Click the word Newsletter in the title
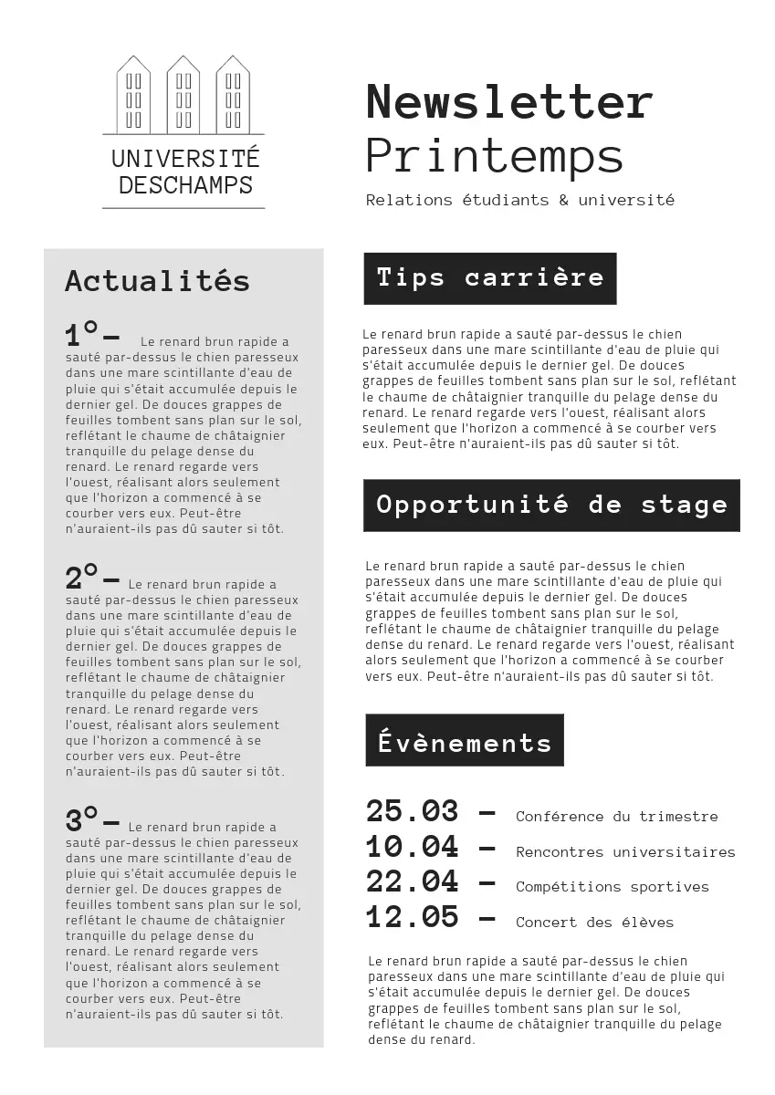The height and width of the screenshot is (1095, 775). [x=509, y=101]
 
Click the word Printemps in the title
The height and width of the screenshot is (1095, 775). [x=494, y=156]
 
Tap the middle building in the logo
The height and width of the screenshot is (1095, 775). [x=183, y=94]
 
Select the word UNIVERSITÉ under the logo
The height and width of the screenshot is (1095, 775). [x=185, y=158]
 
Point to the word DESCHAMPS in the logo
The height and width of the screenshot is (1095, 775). [x=185, y=185]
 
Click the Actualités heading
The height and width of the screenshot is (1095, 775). [x=157, y=280]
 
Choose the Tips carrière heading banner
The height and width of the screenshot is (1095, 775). [x=490, y=278]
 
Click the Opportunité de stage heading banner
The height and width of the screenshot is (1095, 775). [x=551, y=505]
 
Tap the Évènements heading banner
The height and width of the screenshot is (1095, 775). [x=465, y=741]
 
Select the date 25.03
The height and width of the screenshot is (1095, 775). [x=412, y=811]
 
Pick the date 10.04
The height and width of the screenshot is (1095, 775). [x=412, y=847]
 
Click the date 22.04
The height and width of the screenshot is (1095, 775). [x=412, y=881]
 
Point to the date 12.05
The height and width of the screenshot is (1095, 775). [x=412, y=916]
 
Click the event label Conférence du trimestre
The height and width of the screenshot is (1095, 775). [x=616, y=817]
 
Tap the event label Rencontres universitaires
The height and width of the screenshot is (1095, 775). [x=625, y=852]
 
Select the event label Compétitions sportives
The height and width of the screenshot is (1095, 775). [x=612, y=887]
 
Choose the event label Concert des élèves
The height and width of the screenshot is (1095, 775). [x=594, y=923]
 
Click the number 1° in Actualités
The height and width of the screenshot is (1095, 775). [x=81, y=334]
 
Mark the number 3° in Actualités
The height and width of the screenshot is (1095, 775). [x=81, y=819]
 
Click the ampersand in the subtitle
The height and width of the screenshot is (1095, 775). [x=563, y=200]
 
